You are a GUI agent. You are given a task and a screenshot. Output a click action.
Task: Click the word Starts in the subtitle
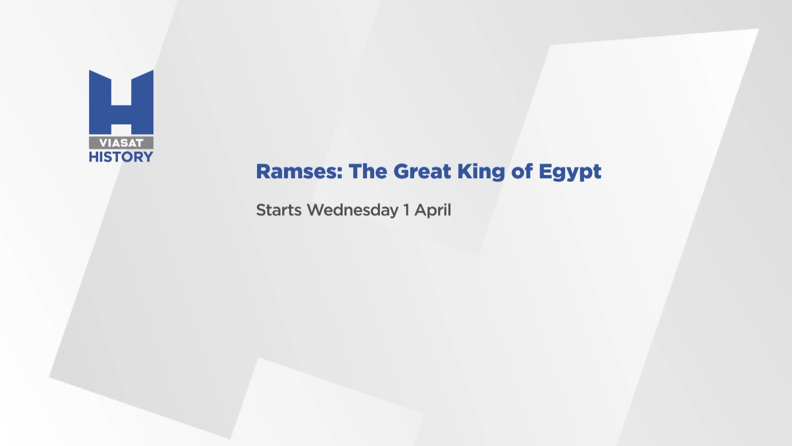(279, 210)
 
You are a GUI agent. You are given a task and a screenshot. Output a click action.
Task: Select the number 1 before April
(407, 210)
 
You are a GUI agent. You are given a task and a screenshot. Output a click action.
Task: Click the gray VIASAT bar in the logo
(121, 143)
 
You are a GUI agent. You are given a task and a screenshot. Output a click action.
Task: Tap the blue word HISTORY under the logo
(121, 157)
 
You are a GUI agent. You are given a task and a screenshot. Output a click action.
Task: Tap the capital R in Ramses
(263, 171)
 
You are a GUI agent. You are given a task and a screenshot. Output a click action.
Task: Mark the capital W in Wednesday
(317, 210)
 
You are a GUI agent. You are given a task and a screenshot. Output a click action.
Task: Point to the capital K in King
(464, 171)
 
